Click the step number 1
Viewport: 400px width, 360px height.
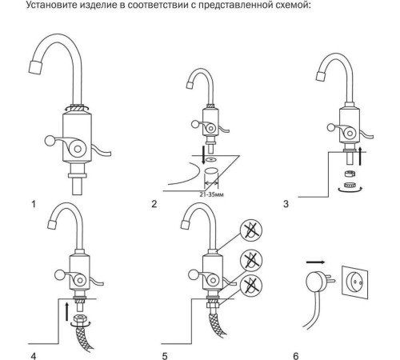[34, 204]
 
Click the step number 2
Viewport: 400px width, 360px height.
[154, 204]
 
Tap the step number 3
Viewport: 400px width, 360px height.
[286, 204]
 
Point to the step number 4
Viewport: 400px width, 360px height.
[34, 356]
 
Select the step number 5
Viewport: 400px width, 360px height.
[165, 356]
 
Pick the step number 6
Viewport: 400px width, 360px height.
[296, 356]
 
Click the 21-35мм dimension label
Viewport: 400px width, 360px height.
[211, 194]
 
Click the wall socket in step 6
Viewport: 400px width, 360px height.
[355, 281]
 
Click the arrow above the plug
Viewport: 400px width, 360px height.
[315, 262]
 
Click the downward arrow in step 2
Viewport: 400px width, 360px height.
[203, 154]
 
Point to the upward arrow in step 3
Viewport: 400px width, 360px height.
[360, 155]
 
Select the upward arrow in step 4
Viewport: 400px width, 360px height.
[66, 311]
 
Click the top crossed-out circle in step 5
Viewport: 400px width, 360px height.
[251, 230]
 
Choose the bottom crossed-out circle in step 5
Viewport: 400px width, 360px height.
[251, 286]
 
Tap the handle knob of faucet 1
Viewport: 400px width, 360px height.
[50, 141]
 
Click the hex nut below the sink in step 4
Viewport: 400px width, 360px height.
[79, 318]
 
